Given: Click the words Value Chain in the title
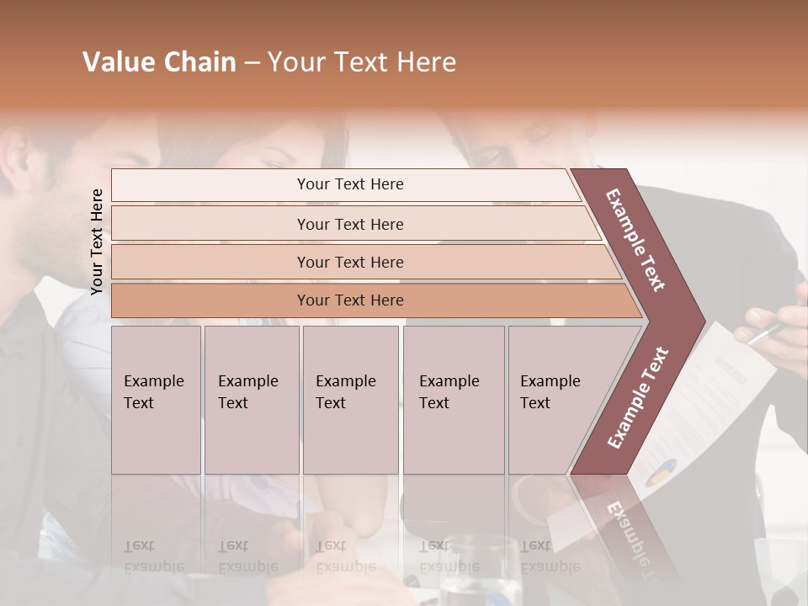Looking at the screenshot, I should click(x=159, y=62).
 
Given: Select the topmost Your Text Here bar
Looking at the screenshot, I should click(x=349, y=184).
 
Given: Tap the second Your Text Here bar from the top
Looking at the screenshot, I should click(x=349, y=224).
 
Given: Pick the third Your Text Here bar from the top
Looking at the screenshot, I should click(x=349, y=262).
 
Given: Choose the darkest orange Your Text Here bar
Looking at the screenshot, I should click(x=349, y=300).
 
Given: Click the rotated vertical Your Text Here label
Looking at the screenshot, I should click(x=97, y=242).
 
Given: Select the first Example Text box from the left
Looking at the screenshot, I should click(x=156, y=399).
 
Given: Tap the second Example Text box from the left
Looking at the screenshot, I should click(x=251, y=399).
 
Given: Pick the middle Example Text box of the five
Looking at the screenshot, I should click(x=350, y=399).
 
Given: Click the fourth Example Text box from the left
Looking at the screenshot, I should click(x=453, y=399).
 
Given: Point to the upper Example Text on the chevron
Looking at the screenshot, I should click(x=636, y=239).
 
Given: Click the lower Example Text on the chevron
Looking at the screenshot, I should click(x=638, y=398).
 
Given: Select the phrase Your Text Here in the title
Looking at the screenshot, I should click(x=362, y=62).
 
